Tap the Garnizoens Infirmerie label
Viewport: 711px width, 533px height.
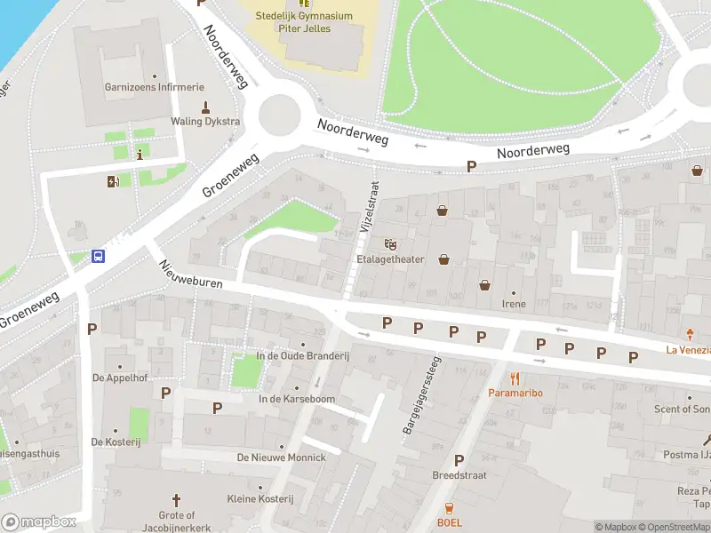click(x=155, y=87)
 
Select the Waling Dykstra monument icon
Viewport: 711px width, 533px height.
click(x=205, y=107)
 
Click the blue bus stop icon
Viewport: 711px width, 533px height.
click(x=98, y=258)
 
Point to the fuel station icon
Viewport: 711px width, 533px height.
click(x=113, y=182)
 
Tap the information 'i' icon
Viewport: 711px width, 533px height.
click(x=140, y=154)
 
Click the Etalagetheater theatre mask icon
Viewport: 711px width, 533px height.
click(x=389, y=244)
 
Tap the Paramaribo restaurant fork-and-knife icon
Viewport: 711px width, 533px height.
click(x=515, y=377)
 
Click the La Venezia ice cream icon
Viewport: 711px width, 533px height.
click(x=691, y=335)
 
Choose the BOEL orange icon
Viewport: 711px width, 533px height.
click(x=449, y=508)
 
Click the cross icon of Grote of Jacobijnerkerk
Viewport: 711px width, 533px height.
click(x=176, y=500)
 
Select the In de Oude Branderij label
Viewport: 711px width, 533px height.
click(x=303, y=356)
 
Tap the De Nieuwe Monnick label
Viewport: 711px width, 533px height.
click(x=281, y=457)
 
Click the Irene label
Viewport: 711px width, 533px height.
click(x=514, y=304)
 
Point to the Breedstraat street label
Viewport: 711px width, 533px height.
click(x=459, y=475)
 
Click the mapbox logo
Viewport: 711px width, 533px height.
click(x=38, y=521)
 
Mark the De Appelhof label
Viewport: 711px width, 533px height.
click(x=118, y=377)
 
